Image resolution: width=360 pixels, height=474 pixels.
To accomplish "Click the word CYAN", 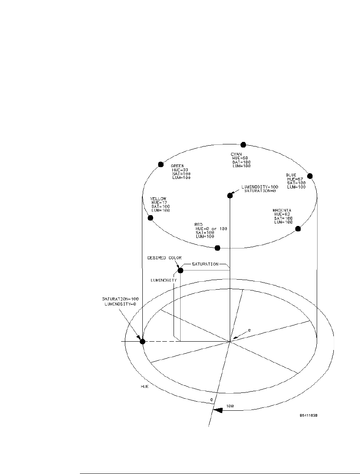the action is click(236, 154).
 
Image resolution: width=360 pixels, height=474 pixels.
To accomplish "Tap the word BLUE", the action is click(291, 175).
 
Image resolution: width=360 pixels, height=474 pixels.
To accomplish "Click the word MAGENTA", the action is click(282, 210).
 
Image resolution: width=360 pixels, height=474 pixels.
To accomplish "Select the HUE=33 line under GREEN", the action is click(180, 170).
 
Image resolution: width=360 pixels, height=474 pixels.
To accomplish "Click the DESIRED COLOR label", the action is click(164, 258).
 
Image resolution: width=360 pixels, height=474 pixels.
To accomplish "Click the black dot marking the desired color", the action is click(180, 271).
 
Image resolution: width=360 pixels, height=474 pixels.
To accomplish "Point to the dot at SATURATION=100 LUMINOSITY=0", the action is click(142, 341).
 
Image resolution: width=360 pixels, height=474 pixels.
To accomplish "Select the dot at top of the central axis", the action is click(230, 196).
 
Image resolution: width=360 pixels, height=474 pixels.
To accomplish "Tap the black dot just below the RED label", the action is click(217, 248).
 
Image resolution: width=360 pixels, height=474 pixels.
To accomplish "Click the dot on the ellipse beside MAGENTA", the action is click(298, 228).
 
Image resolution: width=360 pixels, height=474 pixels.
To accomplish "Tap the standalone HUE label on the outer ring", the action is click(145, 386).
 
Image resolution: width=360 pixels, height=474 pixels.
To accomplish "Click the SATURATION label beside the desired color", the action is click(205, 264).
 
